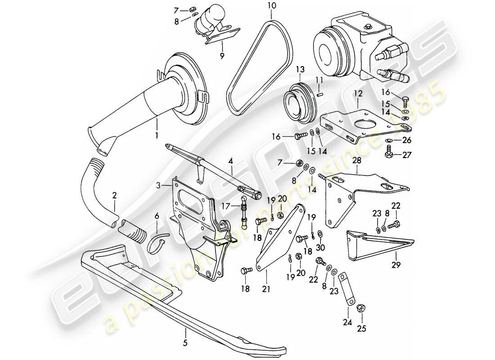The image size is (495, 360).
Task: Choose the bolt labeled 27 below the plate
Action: click(x=388, y=155)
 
